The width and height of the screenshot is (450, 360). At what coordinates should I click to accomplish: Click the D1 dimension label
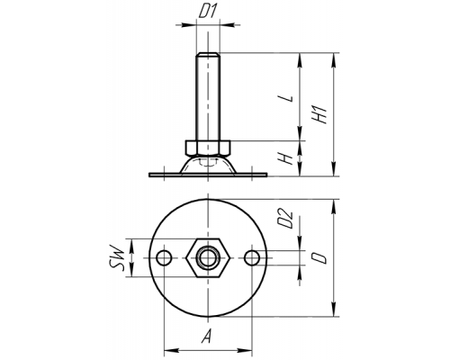tap(208, 12)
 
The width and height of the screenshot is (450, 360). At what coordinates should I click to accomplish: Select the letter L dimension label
tap(285, 98)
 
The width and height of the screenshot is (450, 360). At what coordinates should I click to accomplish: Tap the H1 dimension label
tap(319, 114)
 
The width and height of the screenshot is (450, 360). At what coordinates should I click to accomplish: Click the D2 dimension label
tap(285, 220)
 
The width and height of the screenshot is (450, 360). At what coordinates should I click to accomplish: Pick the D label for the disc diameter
tap(319, 257)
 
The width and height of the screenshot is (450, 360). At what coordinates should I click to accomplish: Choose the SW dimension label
tap(117, 258)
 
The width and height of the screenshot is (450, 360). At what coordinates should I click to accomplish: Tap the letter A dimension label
tap(206, 336)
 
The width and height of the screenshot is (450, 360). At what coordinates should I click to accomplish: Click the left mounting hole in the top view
tap(164, 257)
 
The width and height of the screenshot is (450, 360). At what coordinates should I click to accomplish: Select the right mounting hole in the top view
tap(252, 257)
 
